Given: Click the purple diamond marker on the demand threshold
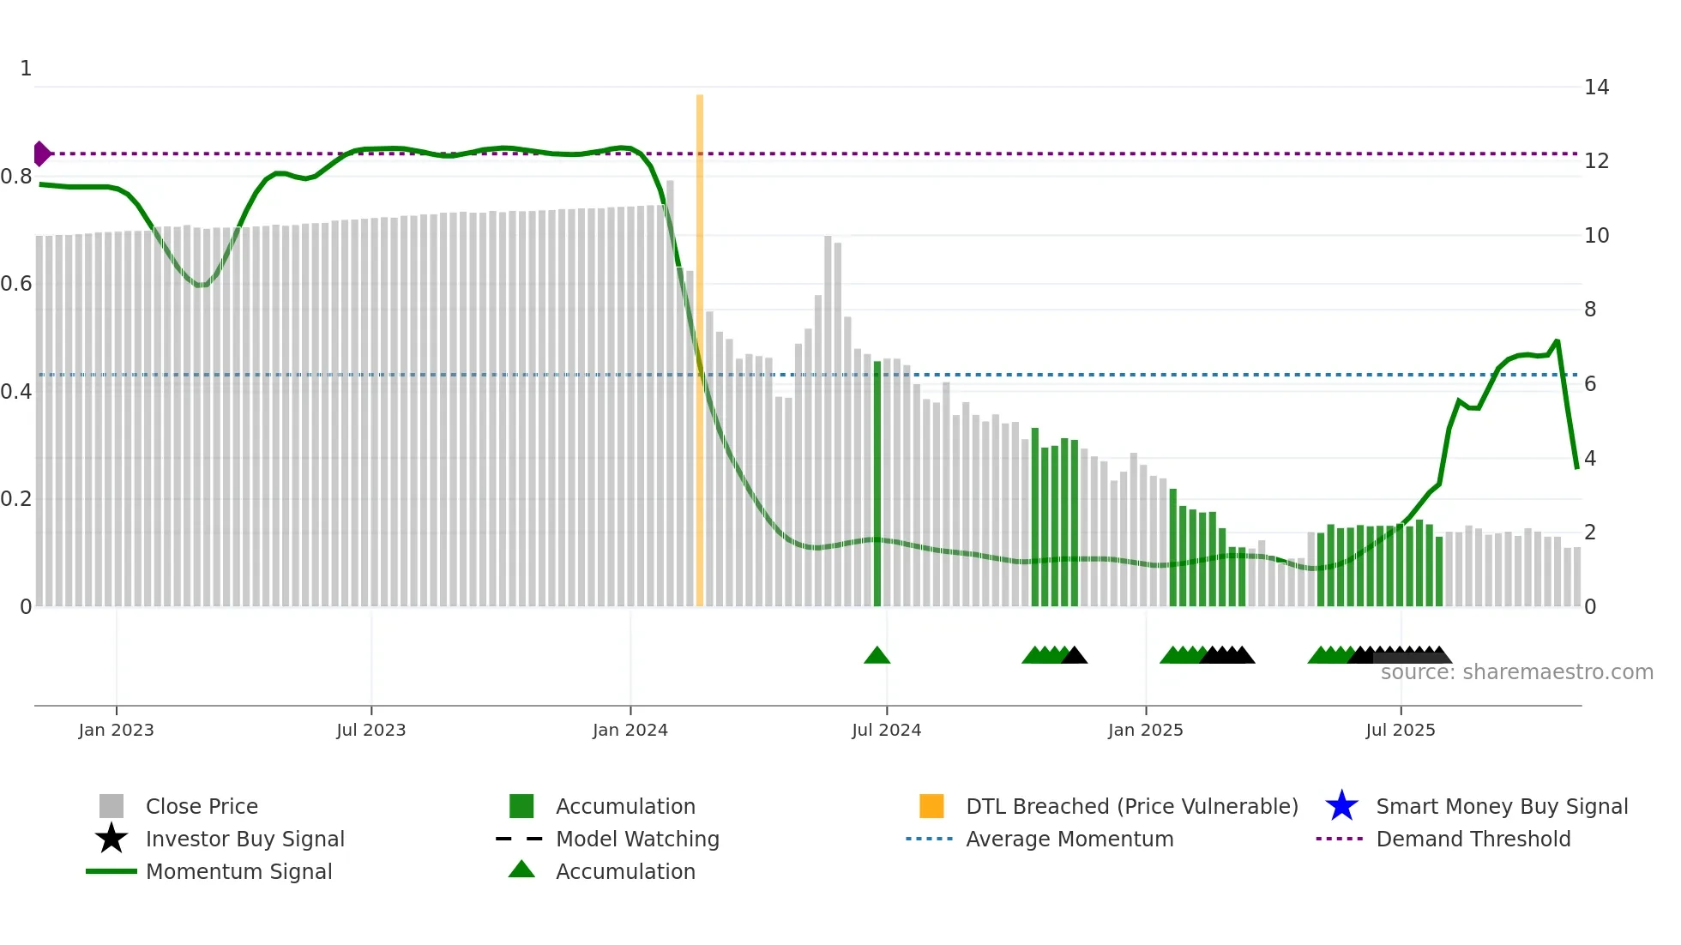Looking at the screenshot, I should click(41, 153).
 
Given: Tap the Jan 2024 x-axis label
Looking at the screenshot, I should click(630, 730).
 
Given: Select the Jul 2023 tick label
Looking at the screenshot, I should click(371, 730).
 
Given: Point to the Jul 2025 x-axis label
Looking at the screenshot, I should click(1401, 730).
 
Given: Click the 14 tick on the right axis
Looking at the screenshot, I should click(1596, 87).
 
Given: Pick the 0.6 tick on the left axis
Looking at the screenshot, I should click(16, 284).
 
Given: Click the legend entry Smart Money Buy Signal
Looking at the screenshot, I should click(1502, 806).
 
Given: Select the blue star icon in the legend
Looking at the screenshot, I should click(1341, 806).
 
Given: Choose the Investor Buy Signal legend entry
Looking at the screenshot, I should click(244, 839).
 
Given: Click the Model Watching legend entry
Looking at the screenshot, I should click(637, 839).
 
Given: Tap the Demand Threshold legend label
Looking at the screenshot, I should click(1473, 839).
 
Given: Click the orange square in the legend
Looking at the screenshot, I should click(931, 806).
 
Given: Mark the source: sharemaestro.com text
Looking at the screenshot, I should click(1516, 672).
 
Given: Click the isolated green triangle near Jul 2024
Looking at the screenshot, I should click(877, 656).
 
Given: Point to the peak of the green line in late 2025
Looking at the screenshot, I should click(1557, 341).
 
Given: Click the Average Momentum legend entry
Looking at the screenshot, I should click(1069, 839).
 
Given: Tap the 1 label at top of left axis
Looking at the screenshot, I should click(26, 69).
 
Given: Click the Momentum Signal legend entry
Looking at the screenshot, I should click(238, 871).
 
